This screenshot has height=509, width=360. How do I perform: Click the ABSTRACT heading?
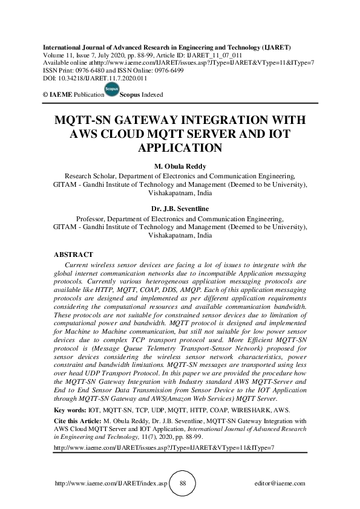(x=73, y=254)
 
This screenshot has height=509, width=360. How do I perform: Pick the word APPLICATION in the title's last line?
(x=180, y=147)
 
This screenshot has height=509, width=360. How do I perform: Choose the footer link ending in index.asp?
(x=111, y=484)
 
